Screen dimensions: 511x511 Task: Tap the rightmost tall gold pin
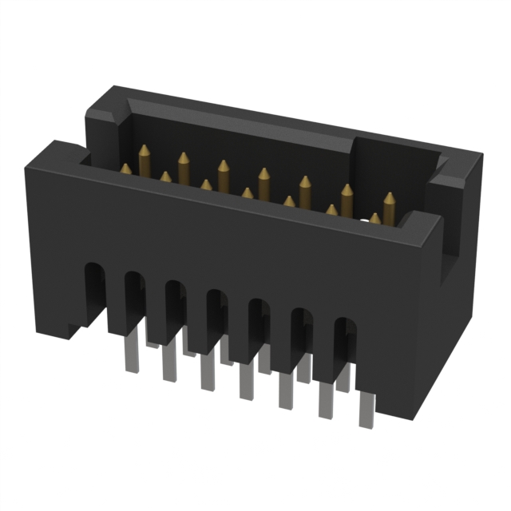389,200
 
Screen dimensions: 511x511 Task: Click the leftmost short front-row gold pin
125,168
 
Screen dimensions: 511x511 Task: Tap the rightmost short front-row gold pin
374,217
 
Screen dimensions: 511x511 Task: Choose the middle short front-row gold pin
248,193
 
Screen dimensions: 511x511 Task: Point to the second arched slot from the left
133,301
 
